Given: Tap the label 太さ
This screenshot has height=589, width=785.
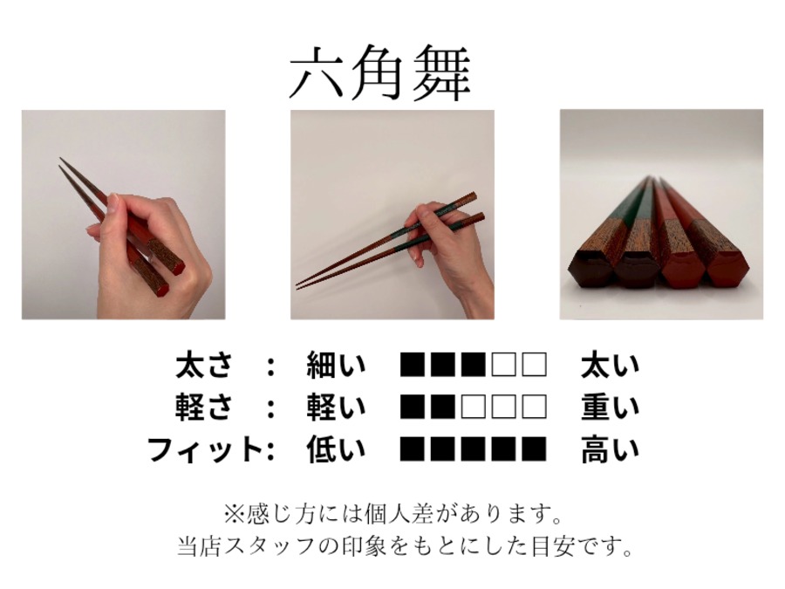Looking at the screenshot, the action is (x=204, y=366).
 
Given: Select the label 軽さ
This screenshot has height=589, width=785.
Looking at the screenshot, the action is (x=204, y=407).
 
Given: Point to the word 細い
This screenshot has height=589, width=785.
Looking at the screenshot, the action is (x=336, y=366).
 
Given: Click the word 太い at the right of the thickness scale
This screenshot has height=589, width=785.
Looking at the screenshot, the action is (x=611, y=366).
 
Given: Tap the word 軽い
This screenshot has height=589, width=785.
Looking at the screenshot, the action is (x=336, y=407).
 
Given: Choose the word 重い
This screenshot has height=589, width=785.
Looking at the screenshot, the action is (x=611, y=407).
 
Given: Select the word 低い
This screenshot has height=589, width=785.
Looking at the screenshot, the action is (x=336, y=449).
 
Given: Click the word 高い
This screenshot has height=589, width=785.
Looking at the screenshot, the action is (x=611, y=449).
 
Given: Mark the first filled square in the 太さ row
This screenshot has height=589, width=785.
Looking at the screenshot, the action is (x=413, y=365).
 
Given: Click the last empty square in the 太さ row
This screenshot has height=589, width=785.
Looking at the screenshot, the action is (x=534, y=365).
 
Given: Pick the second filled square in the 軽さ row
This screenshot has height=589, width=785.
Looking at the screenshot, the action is (x=443, y=406).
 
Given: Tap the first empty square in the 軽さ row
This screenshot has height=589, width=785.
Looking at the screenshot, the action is (x=474, y=406).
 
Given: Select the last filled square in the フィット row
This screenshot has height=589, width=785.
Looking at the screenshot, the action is (x=534, y=449).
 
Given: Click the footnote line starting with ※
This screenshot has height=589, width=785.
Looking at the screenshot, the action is (x=393, y=514).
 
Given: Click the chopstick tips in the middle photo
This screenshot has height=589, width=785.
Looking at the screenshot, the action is (x=299, y=285).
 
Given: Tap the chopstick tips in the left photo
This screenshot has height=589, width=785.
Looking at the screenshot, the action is (x=61, y=162).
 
